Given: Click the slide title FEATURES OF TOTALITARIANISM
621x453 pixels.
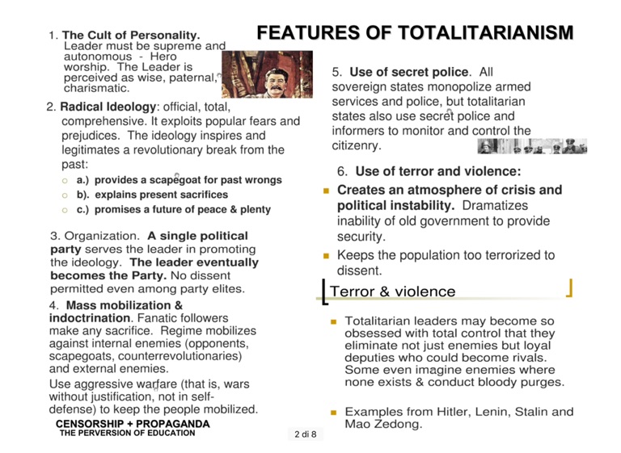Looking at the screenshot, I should click(x=415, y=34).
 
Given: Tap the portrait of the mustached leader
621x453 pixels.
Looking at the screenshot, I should click(x=267, y=74).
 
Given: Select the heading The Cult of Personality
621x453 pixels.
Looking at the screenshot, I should click(x=131, y=36).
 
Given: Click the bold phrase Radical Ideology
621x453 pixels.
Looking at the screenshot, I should click(x=108, y=107).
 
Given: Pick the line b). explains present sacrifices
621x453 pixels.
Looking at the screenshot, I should click(x=152, y=195).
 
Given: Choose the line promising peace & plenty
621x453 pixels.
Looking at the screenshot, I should click(x=173, y=209).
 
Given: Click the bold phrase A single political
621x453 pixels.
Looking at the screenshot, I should click(x=197, y=236).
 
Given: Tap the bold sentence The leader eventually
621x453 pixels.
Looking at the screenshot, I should click(x=194, y=262).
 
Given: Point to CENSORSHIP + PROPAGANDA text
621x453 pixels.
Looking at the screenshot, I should click(x=133, y=423).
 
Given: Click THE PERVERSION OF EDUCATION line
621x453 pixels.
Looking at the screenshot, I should click(x=127, y=433).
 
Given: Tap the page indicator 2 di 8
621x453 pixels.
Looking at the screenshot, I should click(x=306, y=434).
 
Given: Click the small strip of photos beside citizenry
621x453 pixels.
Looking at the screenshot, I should click(x=532, y=146).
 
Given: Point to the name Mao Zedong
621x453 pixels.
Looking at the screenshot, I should click(x=383, y=424).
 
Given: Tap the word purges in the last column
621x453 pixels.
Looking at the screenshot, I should click(x=541, y=382).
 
